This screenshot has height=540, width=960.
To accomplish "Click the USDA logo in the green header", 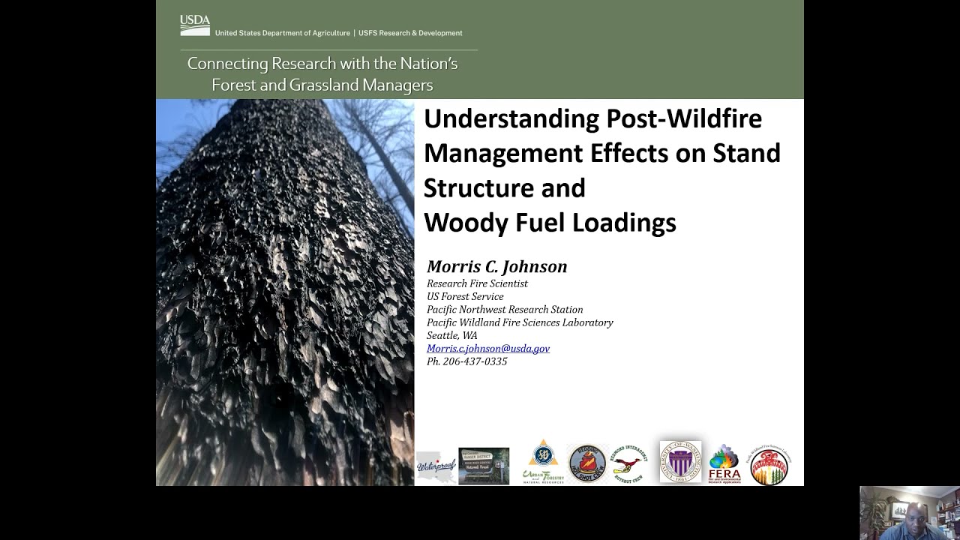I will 195,25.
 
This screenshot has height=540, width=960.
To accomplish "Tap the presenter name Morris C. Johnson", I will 496,267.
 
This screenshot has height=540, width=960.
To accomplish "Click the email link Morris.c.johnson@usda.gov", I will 488,349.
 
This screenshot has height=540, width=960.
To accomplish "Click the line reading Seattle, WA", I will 451,335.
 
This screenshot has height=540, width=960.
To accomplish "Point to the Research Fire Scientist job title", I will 477,283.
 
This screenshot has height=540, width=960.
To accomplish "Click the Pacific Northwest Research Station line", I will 504,310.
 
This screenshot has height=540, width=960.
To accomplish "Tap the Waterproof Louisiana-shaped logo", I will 436,466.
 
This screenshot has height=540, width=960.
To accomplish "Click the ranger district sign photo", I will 484,466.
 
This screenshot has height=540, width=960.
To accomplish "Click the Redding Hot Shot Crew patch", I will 586,463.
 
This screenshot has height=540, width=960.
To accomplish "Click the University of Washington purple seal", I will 680,462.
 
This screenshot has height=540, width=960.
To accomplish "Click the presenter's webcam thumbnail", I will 910,513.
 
